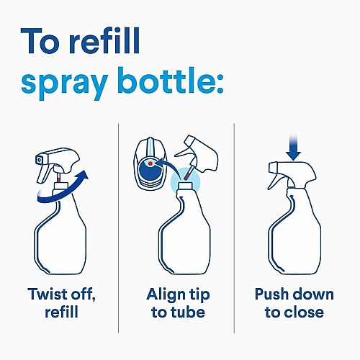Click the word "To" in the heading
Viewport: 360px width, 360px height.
click(40, 41)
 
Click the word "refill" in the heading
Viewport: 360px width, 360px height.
click(104, 40)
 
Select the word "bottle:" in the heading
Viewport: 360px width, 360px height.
click(171, 80)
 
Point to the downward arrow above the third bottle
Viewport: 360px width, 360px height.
click(293, 148)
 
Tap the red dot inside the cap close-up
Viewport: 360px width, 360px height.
click(150, 163)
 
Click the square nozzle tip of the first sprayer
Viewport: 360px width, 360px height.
click(40, 159)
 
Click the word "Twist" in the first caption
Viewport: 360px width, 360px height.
click(47, 294)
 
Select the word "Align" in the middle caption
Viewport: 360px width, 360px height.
click(163, 295)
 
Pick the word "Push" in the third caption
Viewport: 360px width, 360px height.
click(271, 294)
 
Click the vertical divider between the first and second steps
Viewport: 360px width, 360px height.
click(119, 228)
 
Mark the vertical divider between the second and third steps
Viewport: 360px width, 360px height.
click(234, 228)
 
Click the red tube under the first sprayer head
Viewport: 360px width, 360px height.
click(58, 179)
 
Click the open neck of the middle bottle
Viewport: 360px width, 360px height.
click(185, 185)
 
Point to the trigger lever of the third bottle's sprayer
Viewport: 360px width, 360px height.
click(275, 181)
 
